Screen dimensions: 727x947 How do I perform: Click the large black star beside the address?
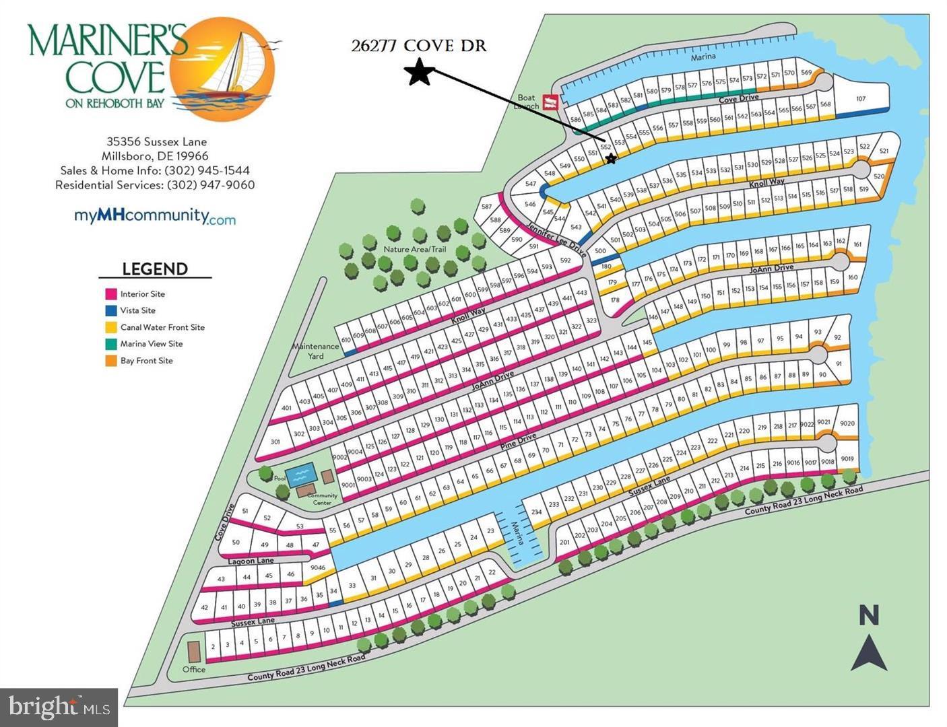pos(420,71)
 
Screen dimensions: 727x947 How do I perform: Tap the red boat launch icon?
pos(552,102)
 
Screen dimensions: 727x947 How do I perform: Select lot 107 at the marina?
pos(860,98)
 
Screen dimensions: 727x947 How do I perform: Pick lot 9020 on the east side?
pos(847,423)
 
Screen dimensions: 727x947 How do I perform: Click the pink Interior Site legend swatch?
pos(112,294)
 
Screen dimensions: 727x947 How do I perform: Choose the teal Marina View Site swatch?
pos(112,344)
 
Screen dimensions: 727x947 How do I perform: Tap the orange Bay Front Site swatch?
pos(112,361)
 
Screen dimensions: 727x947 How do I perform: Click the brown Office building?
pos(193,652)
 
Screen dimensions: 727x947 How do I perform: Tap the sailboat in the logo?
pos(232,67)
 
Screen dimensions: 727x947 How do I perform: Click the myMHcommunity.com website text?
pos(154,216)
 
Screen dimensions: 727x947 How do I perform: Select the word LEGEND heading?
pos(155,269)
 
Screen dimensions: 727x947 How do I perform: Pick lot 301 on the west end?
pos(275,442)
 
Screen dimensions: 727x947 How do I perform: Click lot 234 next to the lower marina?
pos(536,512)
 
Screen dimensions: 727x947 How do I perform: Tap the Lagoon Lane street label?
pos(251,561)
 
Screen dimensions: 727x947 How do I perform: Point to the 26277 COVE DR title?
pos(418,46)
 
